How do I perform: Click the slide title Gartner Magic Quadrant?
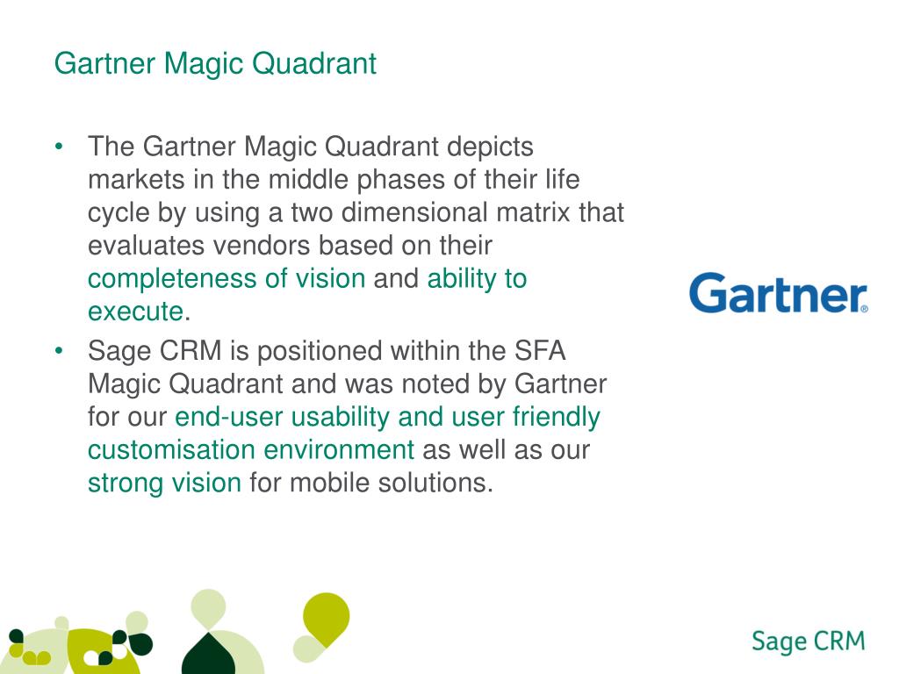215,64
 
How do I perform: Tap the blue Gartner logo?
777,293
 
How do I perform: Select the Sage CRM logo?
808,642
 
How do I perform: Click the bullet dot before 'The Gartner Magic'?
59,147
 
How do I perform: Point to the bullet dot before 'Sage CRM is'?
59,352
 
